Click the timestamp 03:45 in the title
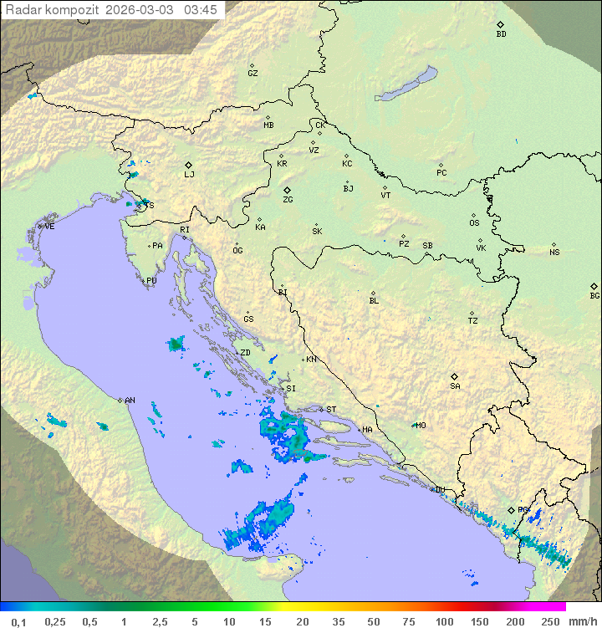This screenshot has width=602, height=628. click(200, 10)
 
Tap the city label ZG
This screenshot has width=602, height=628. click(288, 200)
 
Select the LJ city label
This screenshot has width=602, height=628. click(189, 174)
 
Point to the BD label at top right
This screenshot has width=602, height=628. click(501, 34)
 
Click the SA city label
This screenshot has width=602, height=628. click(455, 385)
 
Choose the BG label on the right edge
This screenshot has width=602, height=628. click(594, 295)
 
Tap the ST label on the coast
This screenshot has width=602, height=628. click(331, 410)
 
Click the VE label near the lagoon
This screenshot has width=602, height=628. click(49, 227)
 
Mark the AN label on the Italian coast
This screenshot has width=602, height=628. click(130, 401)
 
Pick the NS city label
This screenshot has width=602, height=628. click(554, 253)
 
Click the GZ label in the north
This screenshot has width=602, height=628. click(253, 74)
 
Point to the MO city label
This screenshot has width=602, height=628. click(421, 426)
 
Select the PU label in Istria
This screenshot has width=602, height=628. click(151, 281)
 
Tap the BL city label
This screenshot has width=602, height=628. click(374, 300)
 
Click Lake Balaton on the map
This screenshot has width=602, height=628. click(406, 84)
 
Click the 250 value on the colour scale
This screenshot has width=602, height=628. click(550, 622)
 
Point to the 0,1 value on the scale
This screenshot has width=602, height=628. click(18, 622)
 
